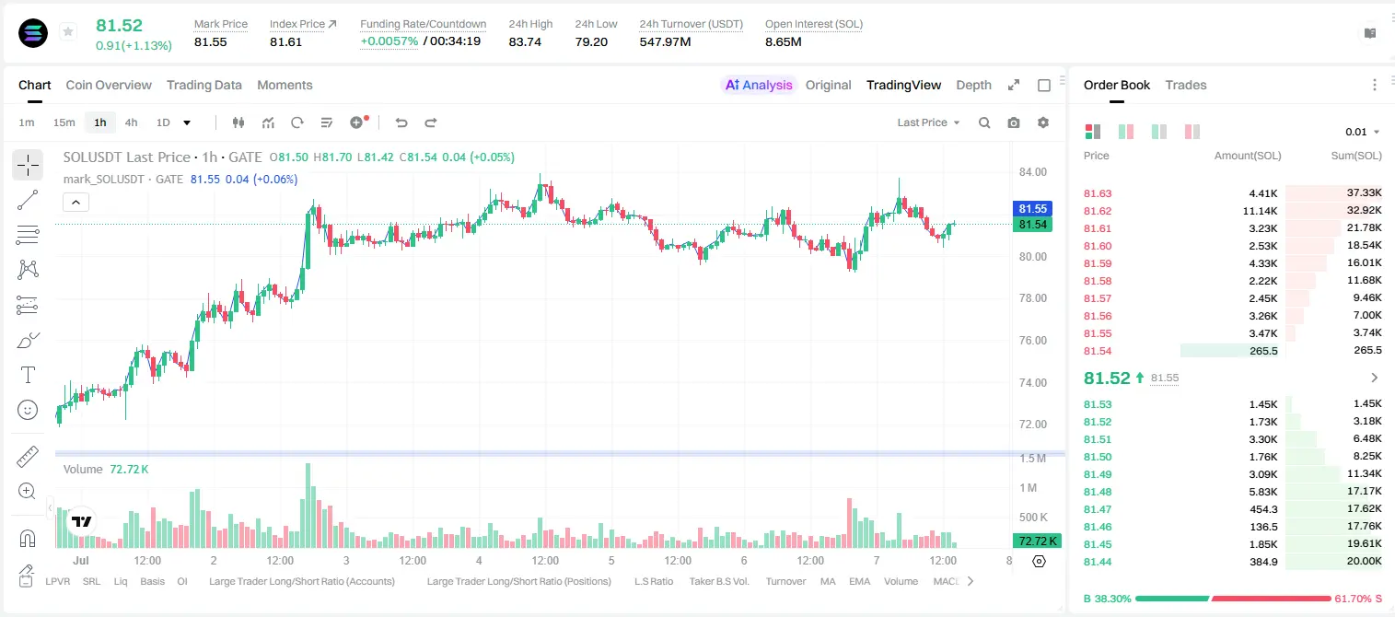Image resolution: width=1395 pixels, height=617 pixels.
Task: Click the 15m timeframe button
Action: (64, 122)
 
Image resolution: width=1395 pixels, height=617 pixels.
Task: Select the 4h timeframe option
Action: (131, 122)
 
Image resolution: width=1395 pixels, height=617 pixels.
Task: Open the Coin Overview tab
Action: (109, 85)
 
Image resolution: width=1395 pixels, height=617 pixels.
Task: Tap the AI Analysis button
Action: (759, 85)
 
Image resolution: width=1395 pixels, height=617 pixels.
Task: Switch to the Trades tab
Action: (1186, 85)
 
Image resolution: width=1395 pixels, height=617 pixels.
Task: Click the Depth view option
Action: (973, 85)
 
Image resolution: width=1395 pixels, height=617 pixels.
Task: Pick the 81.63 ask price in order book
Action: (1098, 193)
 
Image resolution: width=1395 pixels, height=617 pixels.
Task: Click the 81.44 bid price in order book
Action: (1098, 562)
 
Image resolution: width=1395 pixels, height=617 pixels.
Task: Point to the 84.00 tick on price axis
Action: (1032, 172)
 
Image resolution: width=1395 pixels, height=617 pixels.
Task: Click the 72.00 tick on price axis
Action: (1032, 424)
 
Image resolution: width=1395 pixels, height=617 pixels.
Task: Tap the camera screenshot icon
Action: (1013, 122)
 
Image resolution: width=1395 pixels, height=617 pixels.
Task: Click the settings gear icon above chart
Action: (1043, 122)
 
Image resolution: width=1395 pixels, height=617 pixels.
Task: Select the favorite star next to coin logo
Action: (68, 31)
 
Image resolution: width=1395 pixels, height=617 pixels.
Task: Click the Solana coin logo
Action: (33, 33)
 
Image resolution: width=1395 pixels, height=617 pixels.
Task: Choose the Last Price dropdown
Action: (928, 122)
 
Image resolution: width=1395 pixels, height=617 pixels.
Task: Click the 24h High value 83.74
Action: (525, 41)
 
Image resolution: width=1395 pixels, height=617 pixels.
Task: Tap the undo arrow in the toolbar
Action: (401, 122)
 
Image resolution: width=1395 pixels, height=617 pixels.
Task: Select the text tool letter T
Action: (28, 375)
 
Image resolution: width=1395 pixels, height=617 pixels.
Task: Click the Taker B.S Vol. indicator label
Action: (718, 581)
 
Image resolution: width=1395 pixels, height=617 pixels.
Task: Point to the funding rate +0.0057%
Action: (389, 41)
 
